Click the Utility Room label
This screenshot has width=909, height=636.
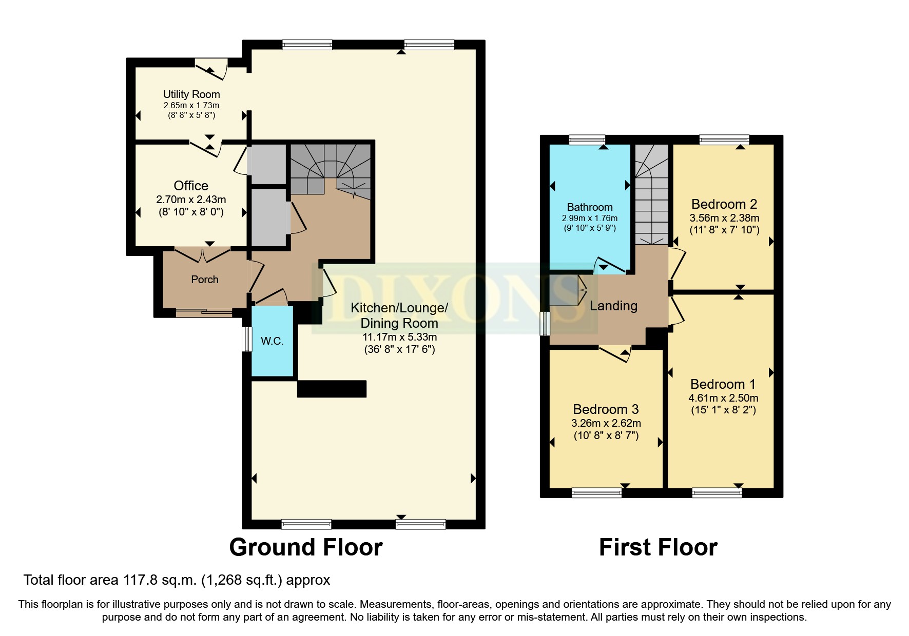click(191, 94)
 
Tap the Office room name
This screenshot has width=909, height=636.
click(191, 186)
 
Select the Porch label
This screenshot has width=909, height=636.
click(205, 280)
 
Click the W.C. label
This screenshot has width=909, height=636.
click(272, 341)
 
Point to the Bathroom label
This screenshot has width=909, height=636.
click(590, 207)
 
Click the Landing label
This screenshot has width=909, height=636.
click(613, 306)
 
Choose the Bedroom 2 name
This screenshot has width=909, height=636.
click(724, 204)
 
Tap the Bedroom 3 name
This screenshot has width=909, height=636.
click(606, 409)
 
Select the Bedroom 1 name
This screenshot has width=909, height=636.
click(723, 384)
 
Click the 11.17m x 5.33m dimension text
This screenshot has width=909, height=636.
click(400, 337)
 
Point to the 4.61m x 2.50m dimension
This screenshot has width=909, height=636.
click(723, 398)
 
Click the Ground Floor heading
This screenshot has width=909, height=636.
click(306, 547)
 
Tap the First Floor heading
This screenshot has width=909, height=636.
click(658, 547)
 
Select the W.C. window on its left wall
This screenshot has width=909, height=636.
click(247, 339)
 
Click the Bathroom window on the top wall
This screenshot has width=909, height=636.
click(587, 140)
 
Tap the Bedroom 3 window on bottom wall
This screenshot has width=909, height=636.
click(596, 493)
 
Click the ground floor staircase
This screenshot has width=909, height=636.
click(331, 169)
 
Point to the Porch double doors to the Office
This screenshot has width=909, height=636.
click(203, 254)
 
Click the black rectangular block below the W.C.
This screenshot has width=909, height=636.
click(332, 389)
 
